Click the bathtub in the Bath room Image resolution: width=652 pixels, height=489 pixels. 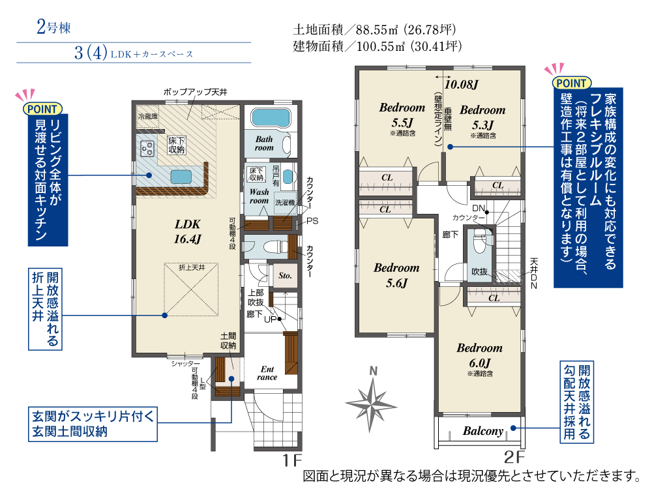coord(271,117)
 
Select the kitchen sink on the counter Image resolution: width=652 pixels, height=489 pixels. coord(181,177)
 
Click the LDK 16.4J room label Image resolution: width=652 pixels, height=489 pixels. coord(188,231)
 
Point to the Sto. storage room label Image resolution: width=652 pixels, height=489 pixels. coord(285,275)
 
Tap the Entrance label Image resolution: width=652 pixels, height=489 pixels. coord(267,373)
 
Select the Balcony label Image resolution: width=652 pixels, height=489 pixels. coord(482,431)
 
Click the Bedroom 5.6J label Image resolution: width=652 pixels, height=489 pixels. coord(396,275)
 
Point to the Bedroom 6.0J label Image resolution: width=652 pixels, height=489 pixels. coord(479,355)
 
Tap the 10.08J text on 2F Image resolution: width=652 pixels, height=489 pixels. coord(462,84)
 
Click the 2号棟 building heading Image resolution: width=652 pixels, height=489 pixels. coord(53,27)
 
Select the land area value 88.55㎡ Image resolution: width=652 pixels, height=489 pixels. coord(377,30)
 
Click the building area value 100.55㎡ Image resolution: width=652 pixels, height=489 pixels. coord(381,46)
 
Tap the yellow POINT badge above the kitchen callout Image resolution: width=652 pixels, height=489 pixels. coord(42,109)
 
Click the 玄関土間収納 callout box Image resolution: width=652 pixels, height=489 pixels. coord(93,424)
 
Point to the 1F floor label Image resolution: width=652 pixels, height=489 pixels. coord(292,460)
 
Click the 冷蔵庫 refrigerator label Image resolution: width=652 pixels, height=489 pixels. coord(148,116)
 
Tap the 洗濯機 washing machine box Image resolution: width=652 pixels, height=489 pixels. coord(286,202)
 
